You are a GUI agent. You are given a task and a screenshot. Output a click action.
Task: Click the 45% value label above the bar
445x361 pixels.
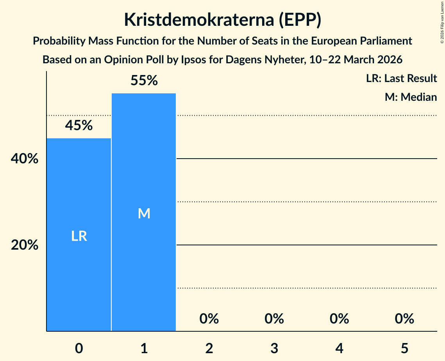tap(79, 125)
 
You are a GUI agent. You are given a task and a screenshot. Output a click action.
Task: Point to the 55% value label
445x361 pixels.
tap(144, 80)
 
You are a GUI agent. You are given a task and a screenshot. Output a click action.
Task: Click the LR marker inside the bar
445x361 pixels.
tap(79, 236)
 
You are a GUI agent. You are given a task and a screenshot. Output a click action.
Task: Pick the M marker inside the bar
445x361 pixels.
tap(144, 213)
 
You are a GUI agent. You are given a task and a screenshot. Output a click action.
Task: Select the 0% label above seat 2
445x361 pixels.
tap(209, 319)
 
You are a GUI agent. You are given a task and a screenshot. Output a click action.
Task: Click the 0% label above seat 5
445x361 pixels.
tap(404, 319)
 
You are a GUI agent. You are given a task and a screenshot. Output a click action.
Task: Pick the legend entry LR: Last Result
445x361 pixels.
tap(401, 79)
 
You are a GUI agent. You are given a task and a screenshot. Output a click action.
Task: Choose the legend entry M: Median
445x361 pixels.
tap(411, 97)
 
